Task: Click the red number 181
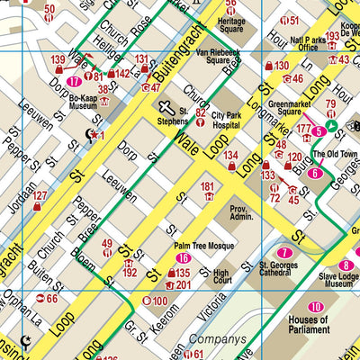pyautogui.click(x=208, y=187)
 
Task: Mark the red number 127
pyautogui.click(x=40, y=195)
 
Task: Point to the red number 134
pyautogui.click(x=232, y=155)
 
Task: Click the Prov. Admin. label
pyautogui.click(x=242, y=211)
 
